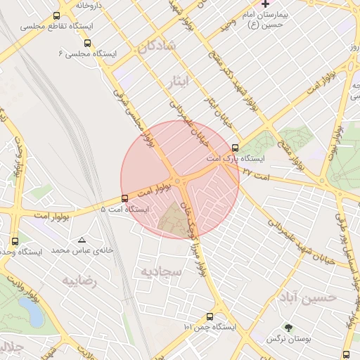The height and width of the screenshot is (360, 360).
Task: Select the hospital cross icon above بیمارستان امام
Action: coord(264,4)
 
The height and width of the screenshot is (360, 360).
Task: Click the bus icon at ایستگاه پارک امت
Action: coord(235,148)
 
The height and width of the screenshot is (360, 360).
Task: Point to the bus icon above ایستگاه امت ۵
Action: coord(124,198)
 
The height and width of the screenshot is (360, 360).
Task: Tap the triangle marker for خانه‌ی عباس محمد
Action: coord(82,240)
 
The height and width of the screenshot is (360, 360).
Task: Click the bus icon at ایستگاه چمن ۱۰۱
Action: coord(210,316)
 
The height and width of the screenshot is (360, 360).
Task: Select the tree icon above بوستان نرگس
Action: coord(288,327)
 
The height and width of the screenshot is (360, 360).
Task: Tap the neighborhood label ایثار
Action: coord(181,83)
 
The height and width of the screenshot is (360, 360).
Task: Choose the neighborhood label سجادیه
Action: coord(161,271)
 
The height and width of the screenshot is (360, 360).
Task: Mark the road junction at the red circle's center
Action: coord(180,179)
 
